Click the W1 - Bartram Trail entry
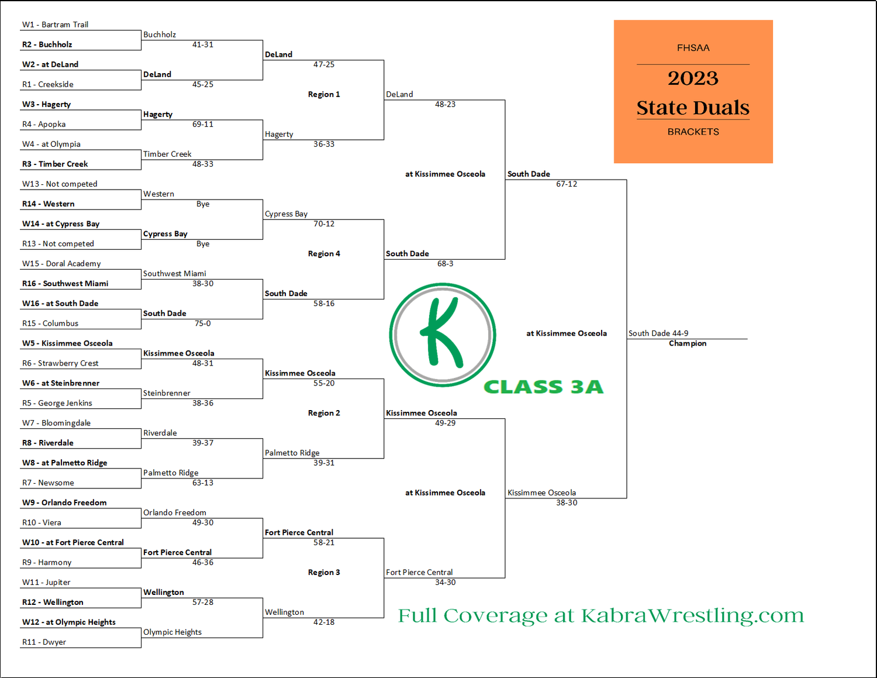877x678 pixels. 55,25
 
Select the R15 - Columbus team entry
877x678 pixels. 50,323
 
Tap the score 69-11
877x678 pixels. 203,125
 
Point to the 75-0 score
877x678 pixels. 203,323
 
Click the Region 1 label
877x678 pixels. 324,94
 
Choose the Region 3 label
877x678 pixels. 324,572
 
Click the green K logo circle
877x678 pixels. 443,335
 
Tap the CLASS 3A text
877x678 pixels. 543,387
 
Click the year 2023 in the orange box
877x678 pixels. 693,78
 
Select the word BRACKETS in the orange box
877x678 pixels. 693,132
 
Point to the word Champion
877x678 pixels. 688,343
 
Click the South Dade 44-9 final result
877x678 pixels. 658,333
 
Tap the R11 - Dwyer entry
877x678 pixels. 44,642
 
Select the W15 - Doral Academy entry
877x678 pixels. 61,264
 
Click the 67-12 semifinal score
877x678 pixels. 567,184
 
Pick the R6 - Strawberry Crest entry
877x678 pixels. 60,363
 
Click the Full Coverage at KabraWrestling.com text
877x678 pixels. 601,615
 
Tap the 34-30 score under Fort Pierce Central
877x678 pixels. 445,583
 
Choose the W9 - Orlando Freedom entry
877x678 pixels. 64,503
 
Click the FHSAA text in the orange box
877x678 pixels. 693,48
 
